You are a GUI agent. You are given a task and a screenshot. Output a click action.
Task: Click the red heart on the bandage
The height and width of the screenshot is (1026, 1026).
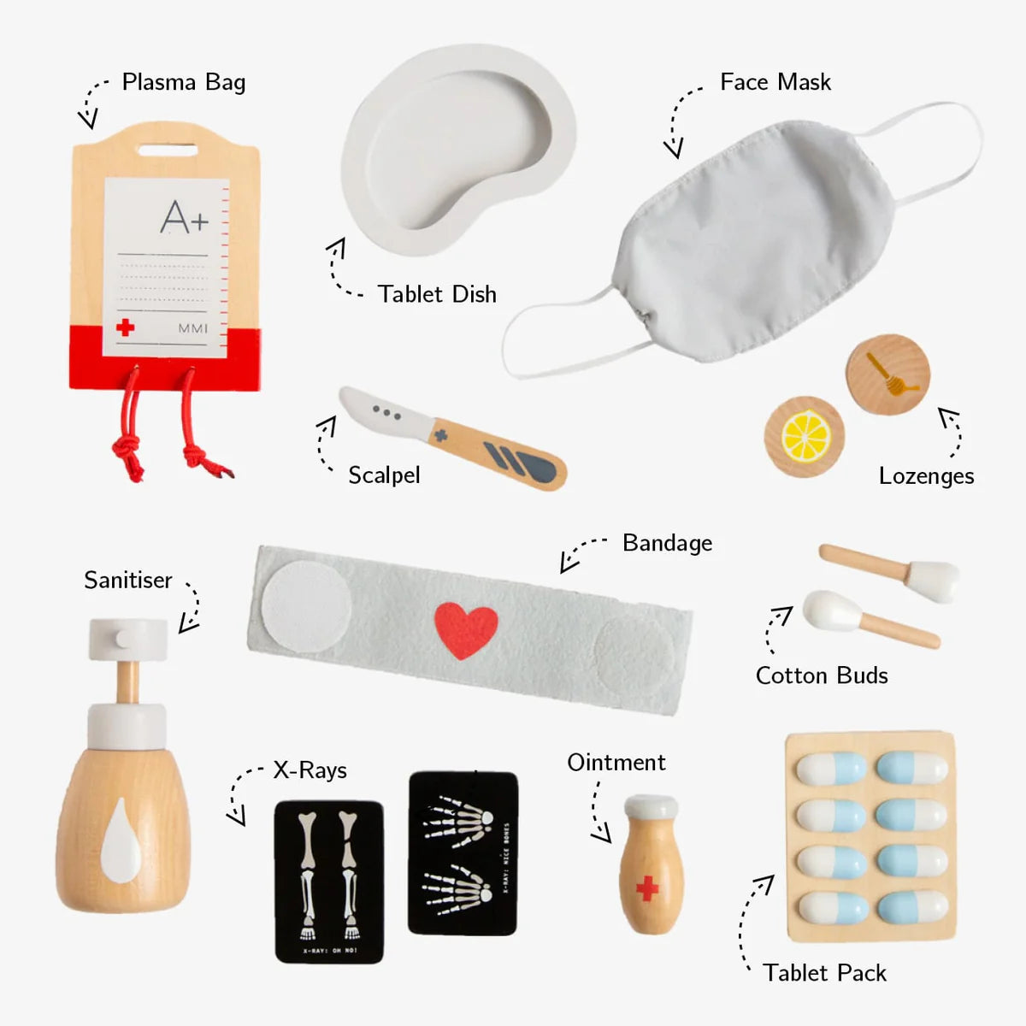pyautogui.click(x=466, y=630)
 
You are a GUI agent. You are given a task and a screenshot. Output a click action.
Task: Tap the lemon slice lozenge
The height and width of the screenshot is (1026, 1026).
pyautogui.click(x=805, y=436)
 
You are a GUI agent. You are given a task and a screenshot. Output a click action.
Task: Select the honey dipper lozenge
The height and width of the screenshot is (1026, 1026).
pyautogui.click(x=888, y=375)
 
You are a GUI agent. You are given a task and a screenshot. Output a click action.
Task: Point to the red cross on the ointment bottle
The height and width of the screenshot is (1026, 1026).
pyautogui.click(x=648, y=888)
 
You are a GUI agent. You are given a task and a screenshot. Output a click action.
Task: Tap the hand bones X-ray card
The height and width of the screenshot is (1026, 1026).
pyautogui.click(x=463, y=852)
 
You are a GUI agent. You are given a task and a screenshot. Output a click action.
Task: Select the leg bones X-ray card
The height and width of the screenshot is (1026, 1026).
pyautogui.click(x=328, y=881)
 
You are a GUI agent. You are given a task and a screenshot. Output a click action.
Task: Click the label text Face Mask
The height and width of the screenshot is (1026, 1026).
pyautogui.click(x=775, y=82)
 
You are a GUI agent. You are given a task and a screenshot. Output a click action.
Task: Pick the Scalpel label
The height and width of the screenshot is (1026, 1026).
pyautogui.click(x=384, y=475)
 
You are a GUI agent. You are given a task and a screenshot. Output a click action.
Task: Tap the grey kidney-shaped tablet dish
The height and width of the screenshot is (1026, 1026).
pyautogui.click(x=457, y=150)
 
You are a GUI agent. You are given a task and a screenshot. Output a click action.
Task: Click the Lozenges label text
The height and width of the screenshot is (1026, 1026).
pyautogui.click(x=926, y=476)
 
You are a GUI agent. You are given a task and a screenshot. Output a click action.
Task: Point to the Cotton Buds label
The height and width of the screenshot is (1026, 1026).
pyautogui.click(x=822, y=675)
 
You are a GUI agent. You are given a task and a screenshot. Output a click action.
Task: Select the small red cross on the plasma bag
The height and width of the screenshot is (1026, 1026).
pyautogui.click(x=126, y=327)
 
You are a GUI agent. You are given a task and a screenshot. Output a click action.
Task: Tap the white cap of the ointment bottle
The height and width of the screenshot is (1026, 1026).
pyautogui.click(x=651, y=806)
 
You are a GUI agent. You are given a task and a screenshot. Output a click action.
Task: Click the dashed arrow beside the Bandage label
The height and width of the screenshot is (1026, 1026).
pyautogui.click(x=581, y=552)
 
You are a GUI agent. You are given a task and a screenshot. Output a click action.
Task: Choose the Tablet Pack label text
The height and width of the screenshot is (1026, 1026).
pyautogui.click(x=824, y=973)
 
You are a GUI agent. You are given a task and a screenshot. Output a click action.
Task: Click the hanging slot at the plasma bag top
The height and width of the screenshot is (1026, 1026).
pyautogui.click(x=167, y=150)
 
